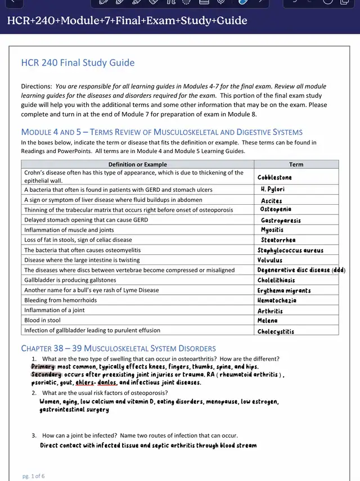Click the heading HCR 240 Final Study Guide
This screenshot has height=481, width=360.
coord(78,63)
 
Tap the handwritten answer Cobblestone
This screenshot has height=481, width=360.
coord(274,177)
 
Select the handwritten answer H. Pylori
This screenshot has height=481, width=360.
coord(273,190)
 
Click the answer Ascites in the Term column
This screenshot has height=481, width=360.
coord(272,201)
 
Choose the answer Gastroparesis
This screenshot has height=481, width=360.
coord(281,221)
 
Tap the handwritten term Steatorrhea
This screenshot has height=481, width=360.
coord(278,240)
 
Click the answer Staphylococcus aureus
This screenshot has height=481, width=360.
coord(290,250)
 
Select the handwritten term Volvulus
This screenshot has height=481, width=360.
coord(270,260)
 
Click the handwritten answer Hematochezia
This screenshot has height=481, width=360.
coord(277,300)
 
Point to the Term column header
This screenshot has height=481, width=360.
coord(296,164)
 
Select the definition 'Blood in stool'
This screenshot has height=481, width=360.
coord(44,320)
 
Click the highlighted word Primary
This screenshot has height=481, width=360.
coord(43,367)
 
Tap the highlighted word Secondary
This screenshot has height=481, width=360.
coord(46,375)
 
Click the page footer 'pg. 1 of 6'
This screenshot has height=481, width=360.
coord(34,476)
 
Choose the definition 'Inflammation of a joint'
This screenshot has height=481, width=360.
coord(55,310)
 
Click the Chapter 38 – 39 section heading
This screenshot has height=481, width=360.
coord(118,348)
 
